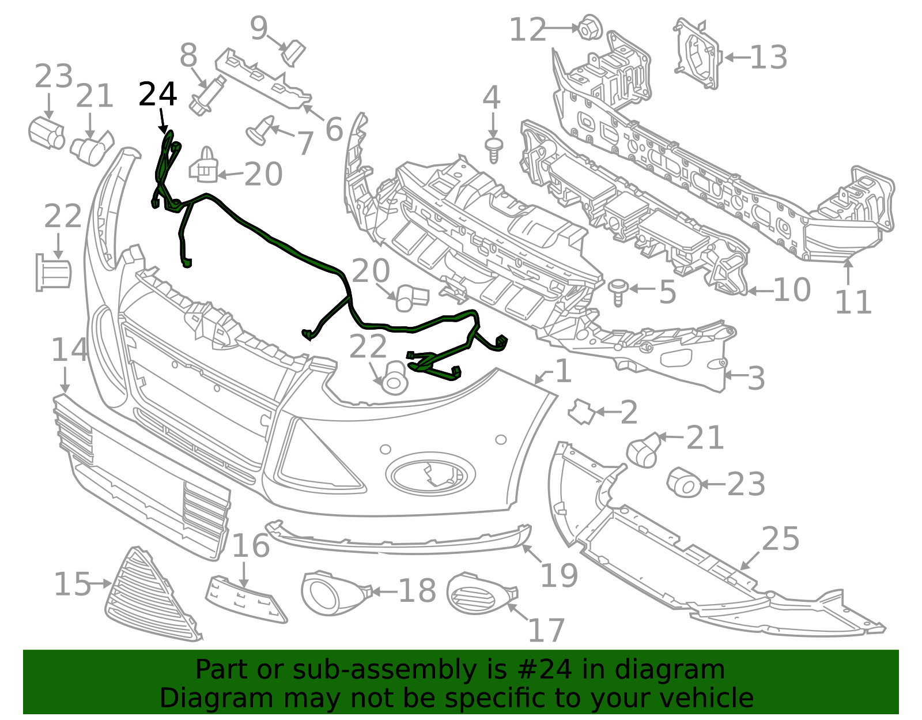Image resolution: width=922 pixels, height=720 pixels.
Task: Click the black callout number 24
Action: [x=157, y=94]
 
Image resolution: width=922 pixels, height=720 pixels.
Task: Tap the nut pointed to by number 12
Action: [x=590, y=28]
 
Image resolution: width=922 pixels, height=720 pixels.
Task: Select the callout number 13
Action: [x=768, y=57]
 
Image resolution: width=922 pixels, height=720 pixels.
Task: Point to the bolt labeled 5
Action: [x=618, y=292]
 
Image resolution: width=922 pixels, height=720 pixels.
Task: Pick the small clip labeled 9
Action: [x=293, y=53]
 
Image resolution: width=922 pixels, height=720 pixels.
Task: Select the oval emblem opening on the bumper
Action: [x=430, y=474]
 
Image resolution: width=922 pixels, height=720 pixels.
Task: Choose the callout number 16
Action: [x=251, y=546]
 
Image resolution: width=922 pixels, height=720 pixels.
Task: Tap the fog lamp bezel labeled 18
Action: [x=335, y=593]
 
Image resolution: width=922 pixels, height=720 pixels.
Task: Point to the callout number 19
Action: [x=559, y=576]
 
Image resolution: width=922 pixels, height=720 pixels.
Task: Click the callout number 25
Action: [x=780, y=539]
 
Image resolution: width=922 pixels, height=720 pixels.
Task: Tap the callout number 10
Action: [x=792, y=290]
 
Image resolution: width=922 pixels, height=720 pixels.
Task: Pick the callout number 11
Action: [x=853, y=303]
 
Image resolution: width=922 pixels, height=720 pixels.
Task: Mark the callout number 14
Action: [x=70, y=350]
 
